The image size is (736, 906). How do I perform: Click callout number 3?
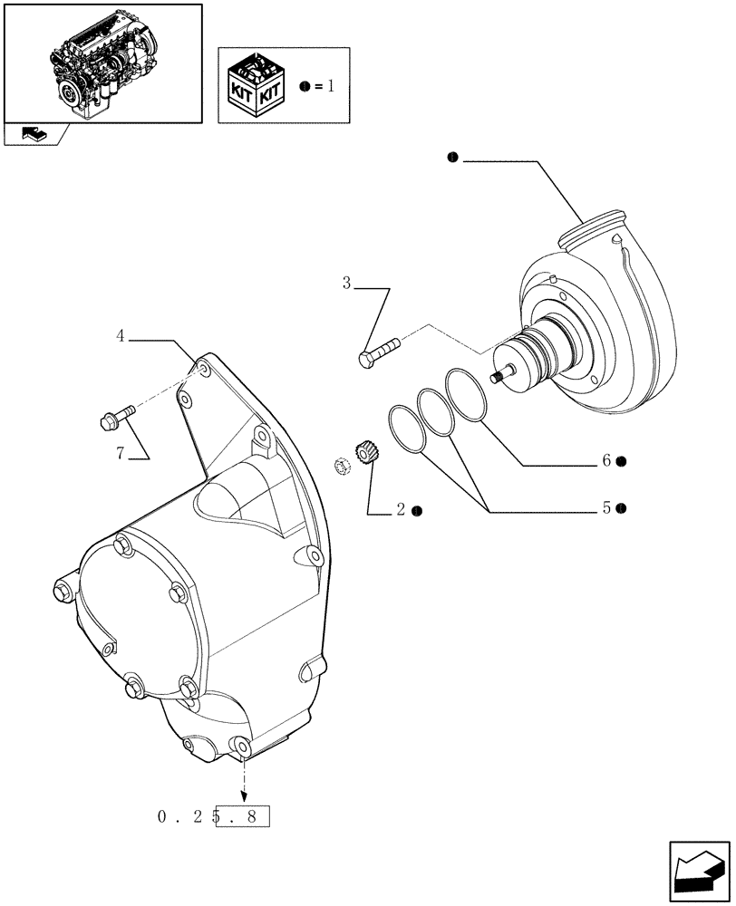(346, 284)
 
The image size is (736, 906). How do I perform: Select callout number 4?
(121, 336)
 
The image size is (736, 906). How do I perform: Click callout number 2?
(399, 511)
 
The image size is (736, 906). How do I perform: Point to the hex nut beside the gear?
(344, 467)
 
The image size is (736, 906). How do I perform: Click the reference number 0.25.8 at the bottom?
(213, 816)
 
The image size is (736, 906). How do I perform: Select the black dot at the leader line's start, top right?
(450, 159)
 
